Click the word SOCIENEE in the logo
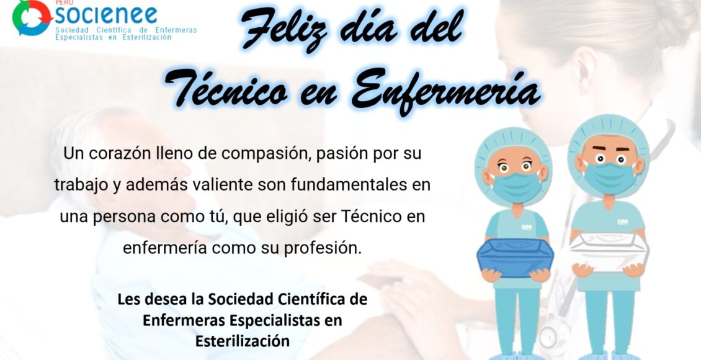[106, 15]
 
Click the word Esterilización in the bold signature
[243, 341]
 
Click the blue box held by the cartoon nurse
[515, 257]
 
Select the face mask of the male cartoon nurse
[609, 178]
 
